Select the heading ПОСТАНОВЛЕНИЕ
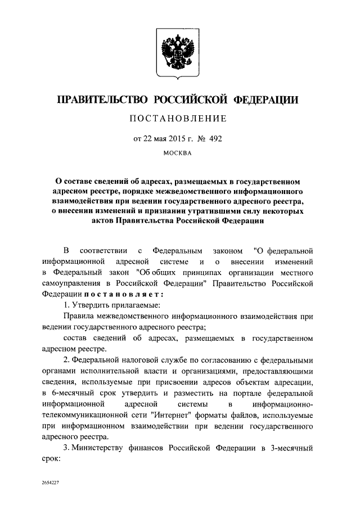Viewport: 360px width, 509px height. (179, 119)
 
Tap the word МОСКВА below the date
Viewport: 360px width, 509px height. (179, 152)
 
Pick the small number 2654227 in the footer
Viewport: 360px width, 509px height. (51, 483)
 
